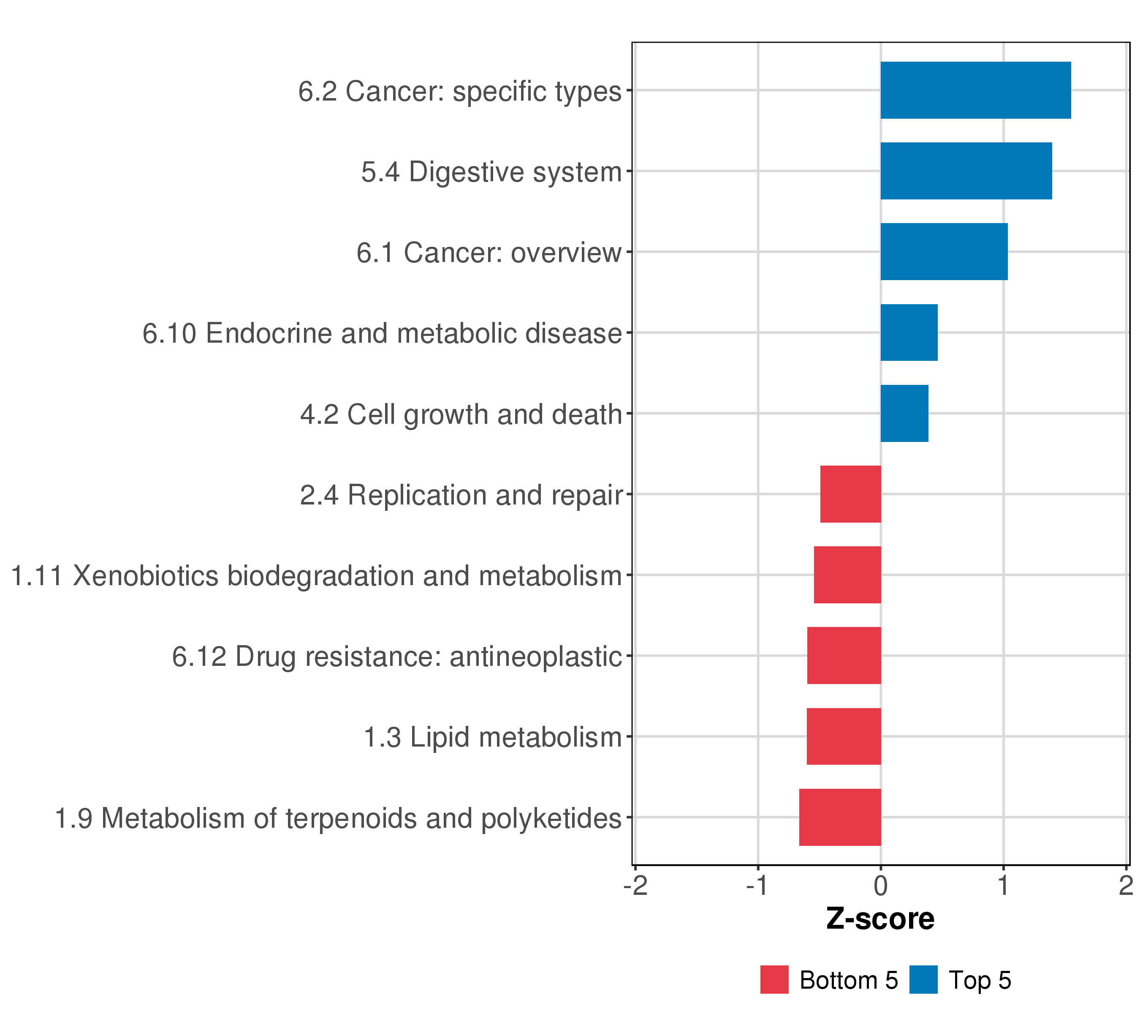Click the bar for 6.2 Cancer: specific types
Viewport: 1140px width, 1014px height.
click(975, 90)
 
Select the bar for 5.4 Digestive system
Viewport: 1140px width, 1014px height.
click(966, 171)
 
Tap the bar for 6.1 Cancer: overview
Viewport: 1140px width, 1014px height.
click(944, 252)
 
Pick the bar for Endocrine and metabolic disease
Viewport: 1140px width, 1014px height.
click(909, 333)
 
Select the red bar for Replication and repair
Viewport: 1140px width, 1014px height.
click(850, 494)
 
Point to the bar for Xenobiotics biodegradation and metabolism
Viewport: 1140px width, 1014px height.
click(848, 575)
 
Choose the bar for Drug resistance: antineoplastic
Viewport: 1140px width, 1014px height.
click(844, 656)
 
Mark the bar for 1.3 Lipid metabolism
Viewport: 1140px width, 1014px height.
click(844, 737)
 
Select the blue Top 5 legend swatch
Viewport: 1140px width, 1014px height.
click(923, 980)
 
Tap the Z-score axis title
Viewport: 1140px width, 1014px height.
click(880, 919)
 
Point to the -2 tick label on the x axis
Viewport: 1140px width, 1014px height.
click(635, 886)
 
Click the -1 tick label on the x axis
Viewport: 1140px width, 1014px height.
click(758, 886)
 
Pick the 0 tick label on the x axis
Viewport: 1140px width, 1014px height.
click(881, 886)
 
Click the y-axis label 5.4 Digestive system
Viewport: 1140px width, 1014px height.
click(491, 172)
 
